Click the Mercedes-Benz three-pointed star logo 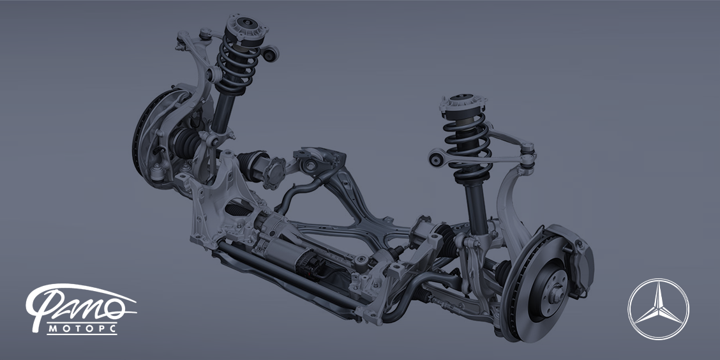click(659, 309)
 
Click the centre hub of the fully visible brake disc click(557, 294)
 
